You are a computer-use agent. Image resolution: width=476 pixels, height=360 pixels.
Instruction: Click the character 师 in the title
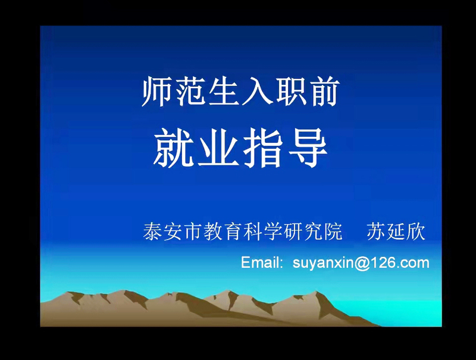pyautogui.click(x=158, y=92)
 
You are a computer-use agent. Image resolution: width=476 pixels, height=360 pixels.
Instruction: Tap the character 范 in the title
pyautogui.click(x=190, y=92)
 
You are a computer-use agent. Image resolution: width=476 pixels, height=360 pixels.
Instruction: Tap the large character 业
pyautogui.click(x=218, y=148)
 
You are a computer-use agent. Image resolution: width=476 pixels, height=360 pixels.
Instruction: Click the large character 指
pyautogui.click(x=262, y=148)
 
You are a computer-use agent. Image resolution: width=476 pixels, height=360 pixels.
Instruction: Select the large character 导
pyautogui.click(x=307, y=148)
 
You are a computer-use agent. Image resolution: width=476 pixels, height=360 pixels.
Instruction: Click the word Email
pyautogui.click(x=260, y=262)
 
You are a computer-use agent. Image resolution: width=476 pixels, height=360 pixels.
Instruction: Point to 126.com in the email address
pyautogui.click(x=399, y=262)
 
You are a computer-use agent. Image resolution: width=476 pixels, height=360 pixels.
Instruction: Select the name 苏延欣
pyautogui.click(x=396, y=231)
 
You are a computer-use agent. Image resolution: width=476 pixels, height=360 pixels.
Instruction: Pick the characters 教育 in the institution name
pyautogui.click(x=223, y=231)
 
